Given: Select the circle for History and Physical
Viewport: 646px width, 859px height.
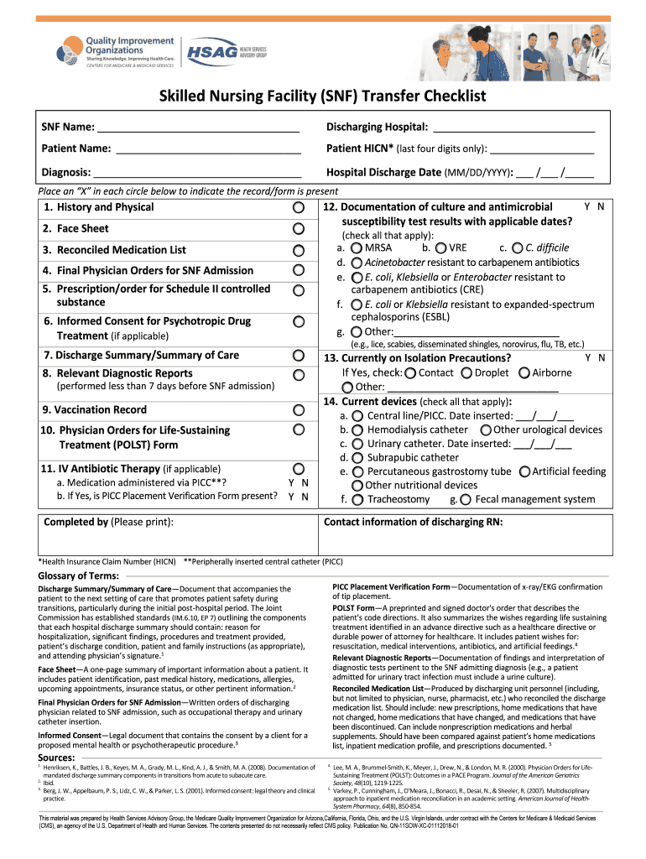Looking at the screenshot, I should (299, 207).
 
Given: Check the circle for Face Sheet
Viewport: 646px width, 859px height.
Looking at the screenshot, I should (299, 229).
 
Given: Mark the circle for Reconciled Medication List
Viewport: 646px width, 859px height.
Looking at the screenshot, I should (299, 251).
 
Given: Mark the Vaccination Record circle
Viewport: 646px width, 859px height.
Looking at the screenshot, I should (299, 410).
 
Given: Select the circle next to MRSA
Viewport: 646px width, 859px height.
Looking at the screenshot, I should (357, 248).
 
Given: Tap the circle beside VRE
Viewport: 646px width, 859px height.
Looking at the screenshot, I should (440, 248).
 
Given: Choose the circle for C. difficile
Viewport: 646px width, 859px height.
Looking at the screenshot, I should (517, 248).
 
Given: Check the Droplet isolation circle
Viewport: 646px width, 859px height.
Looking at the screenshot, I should (466, 373).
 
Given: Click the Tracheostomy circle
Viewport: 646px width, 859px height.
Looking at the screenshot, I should (357, 500).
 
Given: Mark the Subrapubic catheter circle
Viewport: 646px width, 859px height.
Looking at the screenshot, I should (357, 458).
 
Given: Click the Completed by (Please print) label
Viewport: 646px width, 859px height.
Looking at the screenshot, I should (109, 523).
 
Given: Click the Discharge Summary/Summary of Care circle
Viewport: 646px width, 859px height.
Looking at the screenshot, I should (299, 356).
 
